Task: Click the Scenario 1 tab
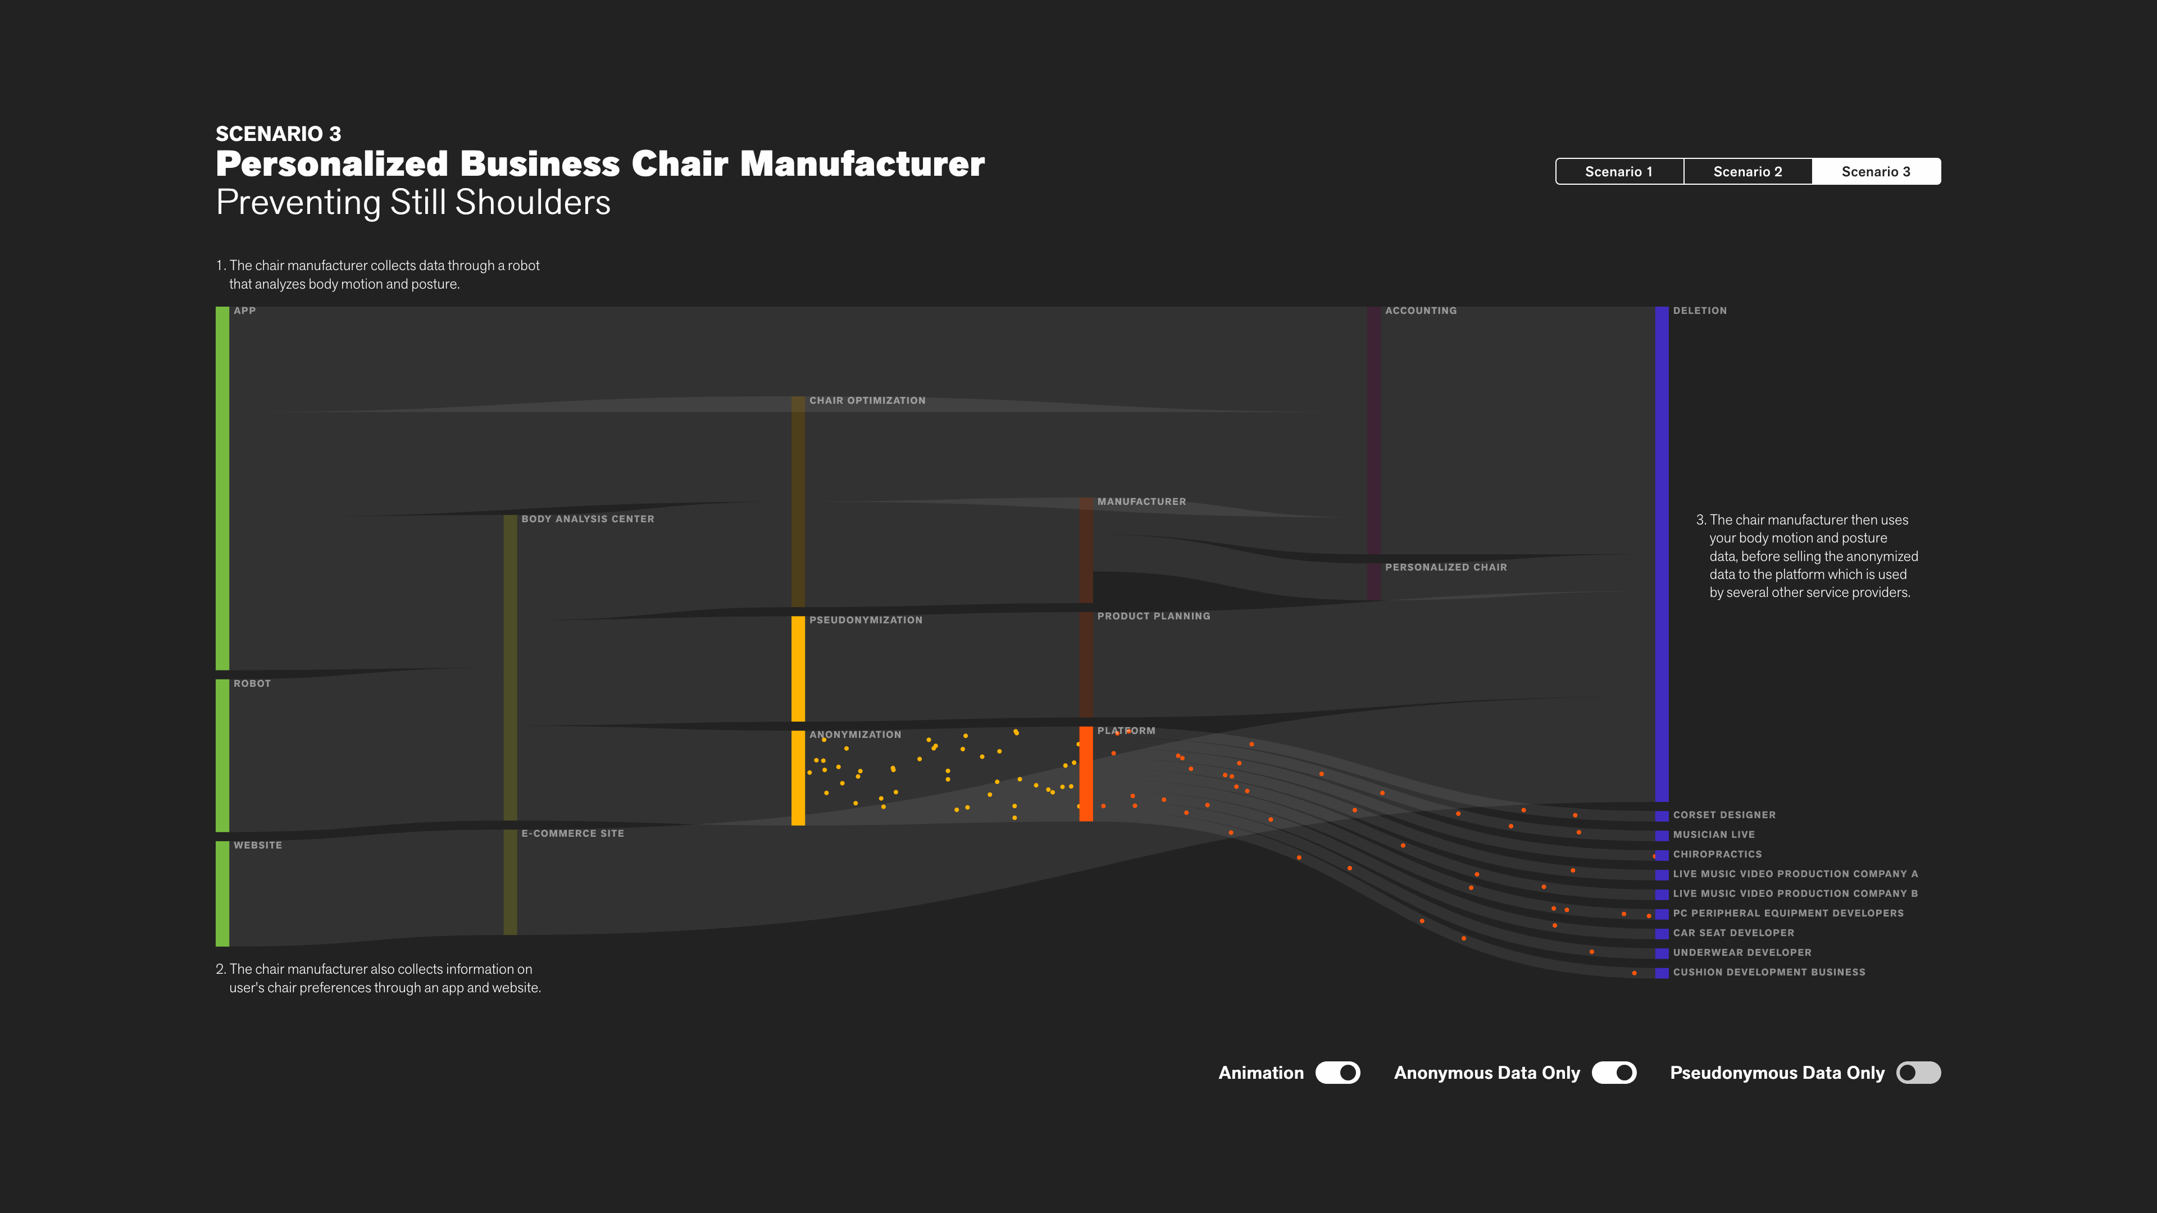(x=1618, y=172)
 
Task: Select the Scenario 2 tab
(x=1748, y=172)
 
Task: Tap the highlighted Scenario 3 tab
(x=1876, y=172)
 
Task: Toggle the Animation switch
(x=1337, y=1073)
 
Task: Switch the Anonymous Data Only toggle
(x=1614, y=1073)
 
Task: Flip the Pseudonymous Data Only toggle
(x=1918, y=1073)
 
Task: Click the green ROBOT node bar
(x=222, y=755)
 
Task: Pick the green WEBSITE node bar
(x=222, y=893)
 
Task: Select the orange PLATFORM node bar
(x=1086, y=773)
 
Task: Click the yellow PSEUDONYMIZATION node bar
(x=798, y=669)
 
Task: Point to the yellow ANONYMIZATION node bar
(x=798, y=778)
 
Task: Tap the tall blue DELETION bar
(x=1662, y=553)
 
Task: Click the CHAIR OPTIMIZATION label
(x=867, y=401)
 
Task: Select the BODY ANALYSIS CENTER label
(x=588, y=519)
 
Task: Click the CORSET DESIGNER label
(x=1724, y=814)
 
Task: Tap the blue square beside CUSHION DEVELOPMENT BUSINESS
(x=1662, y=973)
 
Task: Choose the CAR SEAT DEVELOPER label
(x=1733, y=933)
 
